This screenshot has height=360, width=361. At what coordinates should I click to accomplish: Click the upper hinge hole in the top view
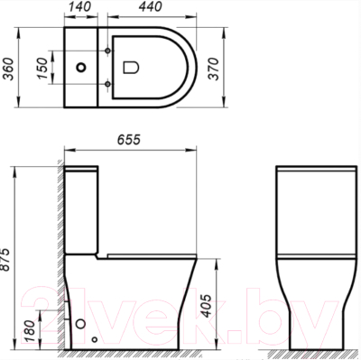click(x=109, y=47)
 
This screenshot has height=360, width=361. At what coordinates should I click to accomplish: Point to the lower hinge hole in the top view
click(x=109, y=85)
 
